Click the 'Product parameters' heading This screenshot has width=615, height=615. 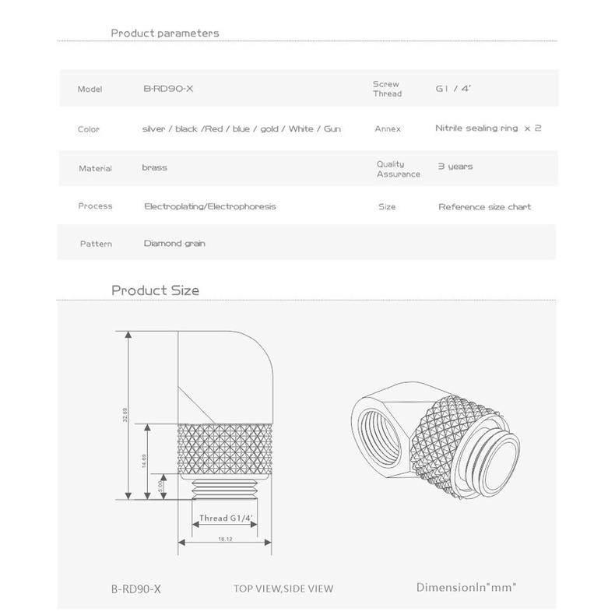(x=165, y=33)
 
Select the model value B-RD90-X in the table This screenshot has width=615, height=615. (x=168, y=89)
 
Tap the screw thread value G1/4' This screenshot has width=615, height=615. (x=453, y=88)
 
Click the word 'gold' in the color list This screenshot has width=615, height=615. (x=269, y=129)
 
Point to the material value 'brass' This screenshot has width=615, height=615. (x=155, y=167)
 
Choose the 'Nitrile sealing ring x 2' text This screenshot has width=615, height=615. (x=488, y=128)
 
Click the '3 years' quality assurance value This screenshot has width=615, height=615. (x=455, y=167)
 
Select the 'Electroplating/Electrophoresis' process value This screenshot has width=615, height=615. (x=210, y=206)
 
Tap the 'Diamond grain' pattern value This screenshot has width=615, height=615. (x=174, y=244)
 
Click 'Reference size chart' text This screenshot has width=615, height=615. (x=485, y=207)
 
